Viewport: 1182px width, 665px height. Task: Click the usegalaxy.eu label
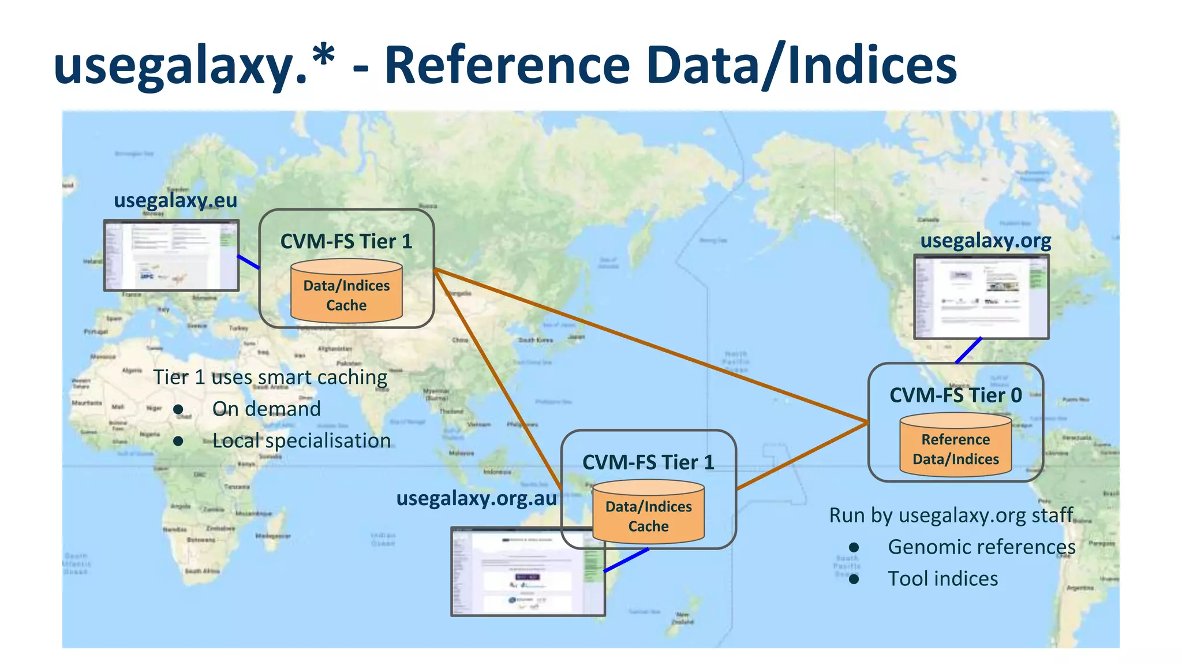coord(175,200)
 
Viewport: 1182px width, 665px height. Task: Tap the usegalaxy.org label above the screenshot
coord(986,240)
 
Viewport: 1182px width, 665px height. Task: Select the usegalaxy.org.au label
coord(476,498)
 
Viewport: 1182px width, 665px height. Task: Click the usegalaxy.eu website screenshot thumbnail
coord(171,255)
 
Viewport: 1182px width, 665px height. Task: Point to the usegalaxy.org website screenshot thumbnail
coord(981,297)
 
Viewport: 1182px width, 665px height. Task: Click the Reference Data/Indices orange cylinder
coord(956,446)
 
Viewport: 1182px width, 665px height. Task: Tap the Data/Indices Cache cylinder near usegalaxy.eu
coord(346,292)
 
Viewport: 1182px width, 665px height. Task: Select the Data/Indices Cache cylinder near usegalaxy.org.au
coord(648,513)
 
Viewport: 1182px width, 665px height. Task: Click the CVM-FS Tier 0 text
coord(956,395)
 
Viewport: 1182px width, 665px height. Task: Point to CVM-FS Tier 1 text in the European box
coord(346,241)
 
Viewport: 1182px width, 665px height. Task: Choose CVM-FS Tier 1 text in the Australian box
coord(648,462)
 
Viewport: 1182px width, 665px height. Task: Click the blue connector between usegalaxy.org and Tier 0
coord(968,350)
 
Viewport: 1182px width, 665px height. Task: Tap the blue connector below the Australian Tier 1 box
coord(626,560)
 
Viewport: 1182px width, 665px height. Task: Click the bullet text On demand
coord(267,409)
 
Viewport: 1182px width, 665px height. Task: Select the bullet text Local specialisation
coord(301,440)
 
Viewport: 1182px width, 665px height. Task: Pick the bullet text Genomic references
coord(981,547)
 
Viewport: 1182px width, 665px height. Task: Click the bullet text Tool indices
coord(942,578)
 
